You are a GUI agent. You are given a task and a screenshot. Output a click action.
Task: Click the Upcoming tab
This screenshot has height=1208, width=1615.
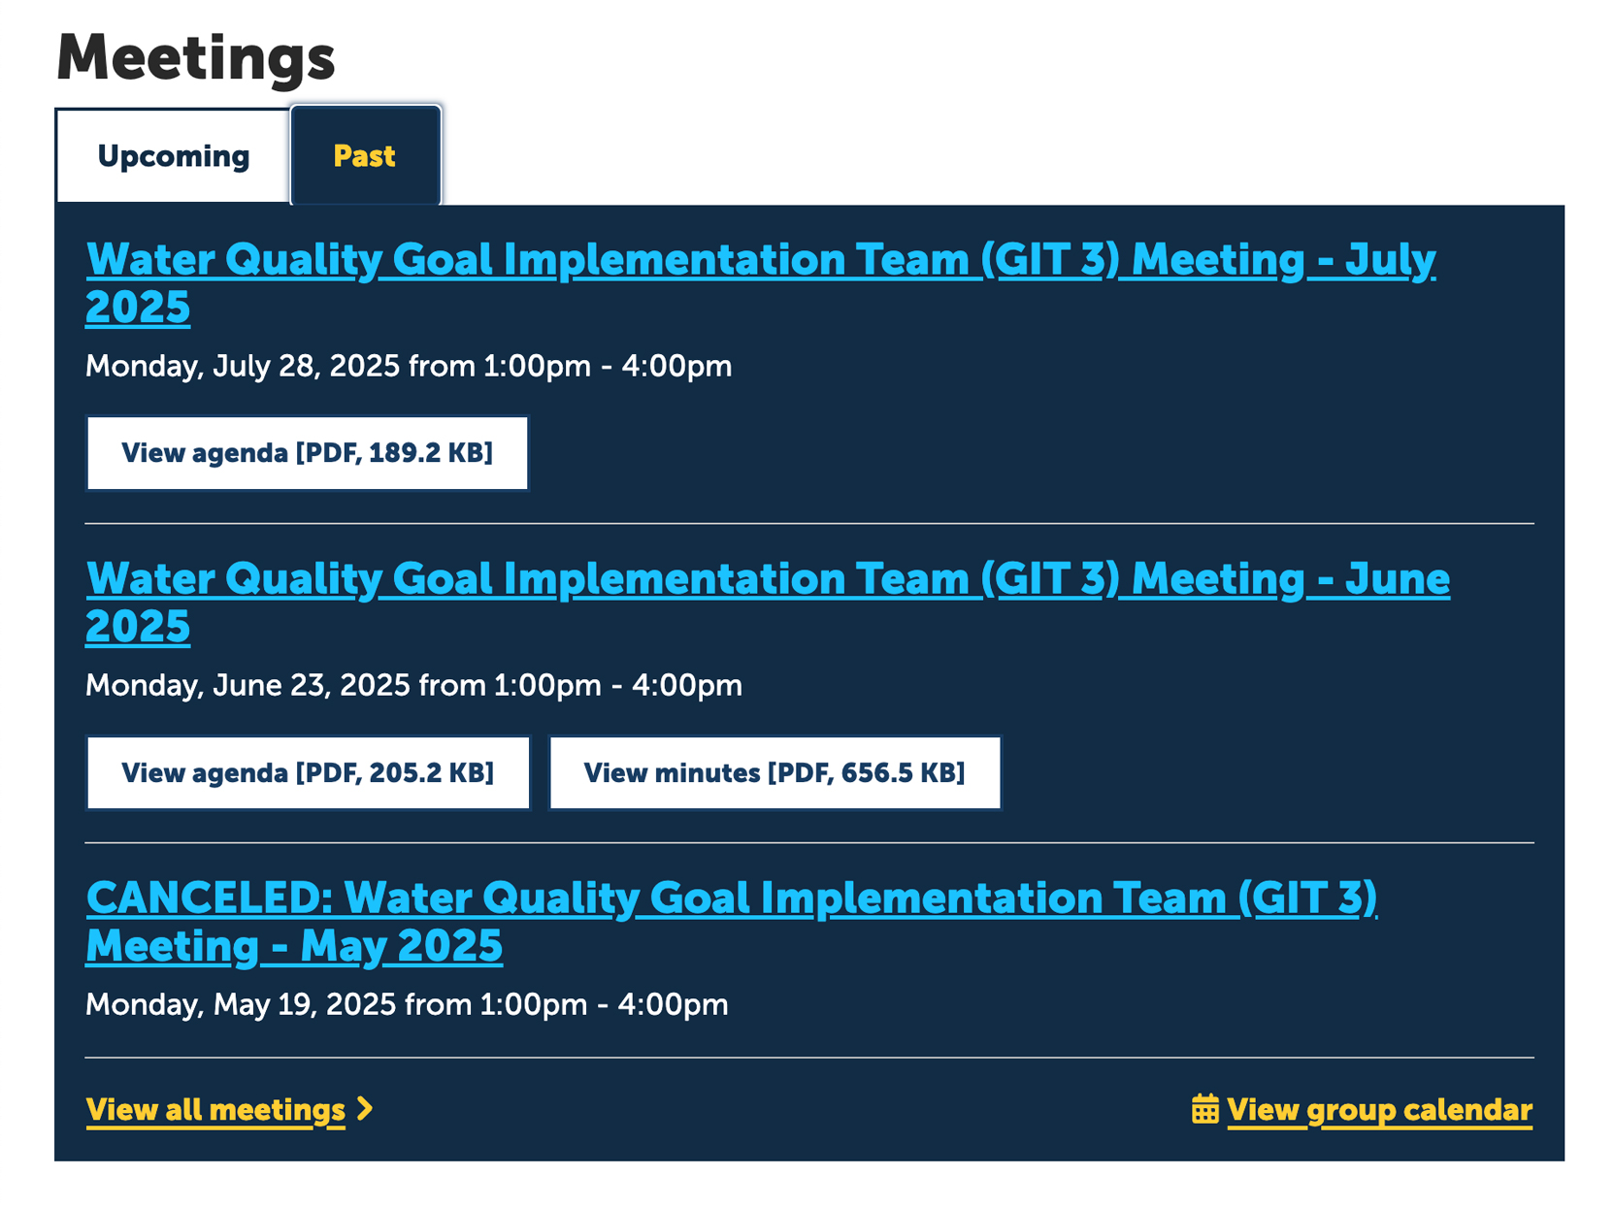174,156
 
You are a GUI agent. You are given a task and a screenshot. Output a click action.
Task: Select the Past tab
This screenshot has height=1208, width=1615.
365,156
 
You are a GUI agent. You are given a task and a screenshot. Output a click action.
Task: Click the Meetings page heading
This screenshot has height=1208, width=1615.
196,57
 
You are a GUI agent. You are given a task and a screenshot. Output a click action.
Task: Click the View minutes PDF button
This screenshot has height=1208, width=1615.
775,773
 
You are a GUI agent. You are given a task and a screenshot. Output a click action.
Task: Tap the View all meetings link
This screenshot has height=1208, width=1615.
215,1110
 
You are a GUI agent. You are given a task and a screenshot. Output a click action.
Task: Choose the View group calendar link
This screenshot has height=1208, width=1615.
1379,1110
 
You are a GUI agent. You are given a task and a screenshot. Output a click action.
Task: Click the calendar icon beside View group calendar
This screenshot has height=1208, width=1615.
1205,1109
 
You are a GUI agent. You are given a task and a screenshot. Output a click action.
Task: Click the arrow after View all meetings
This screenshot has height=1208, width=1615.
365,1109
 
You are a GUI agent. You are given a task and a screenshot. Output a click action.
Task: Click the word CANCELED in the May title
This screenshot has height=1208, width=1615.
208,899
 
